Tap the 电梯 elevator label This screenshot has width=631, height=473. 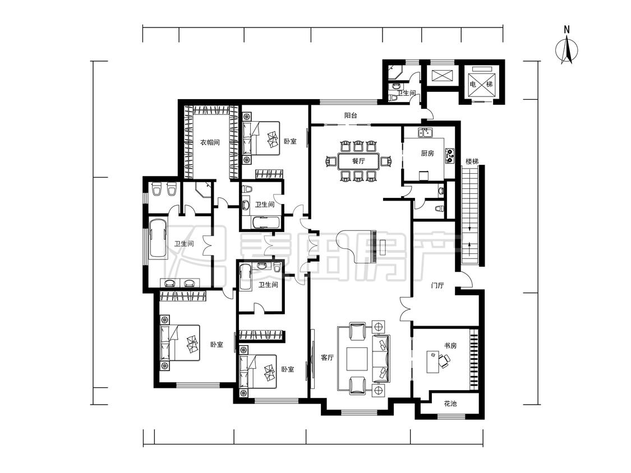coord(481,84)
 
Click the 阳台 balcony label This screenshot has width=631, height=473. coord(351,115)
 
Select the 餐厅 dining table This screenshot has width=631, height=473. coord(358,161)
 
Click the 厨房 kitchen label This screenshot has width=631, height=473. coord(427,153)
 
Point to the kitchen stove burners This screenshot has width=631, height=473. coord(449,155)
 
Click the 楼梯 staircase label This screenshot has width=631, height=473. coord(472,162)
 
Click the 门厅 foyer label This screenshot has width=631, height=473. coord(437,286)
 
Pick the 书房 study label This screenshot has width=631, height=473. coord(450,345)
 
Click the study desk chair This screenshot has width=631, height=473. coord(445,361)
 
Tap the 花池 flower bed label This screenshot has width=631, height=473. coord(450,404)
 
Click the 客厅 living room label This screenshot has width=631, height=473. coord(327,357)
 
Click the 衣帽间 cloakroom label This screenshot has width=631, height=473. coord(210,142)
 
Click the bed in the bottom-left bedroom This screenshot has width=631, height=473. coord(180,342)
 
